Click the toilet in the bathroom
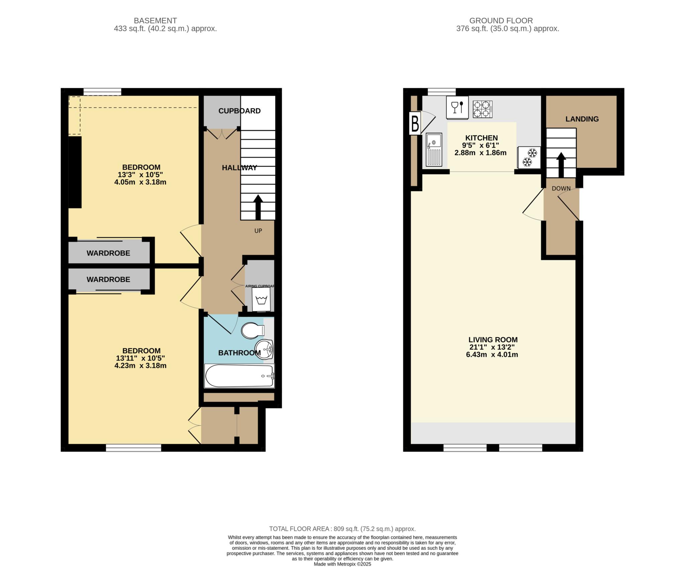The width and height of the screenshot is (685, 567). [x=252, y=331]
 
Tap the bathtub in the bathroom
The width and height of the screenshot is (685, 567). [x=239, y=376]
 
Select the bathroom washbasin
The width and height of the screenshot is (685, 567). [x=264, y=350]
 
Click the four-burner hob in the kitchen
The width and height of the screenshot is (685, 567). [x=482, y=109]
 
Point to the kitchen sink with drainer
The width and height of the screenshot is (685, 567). [x=434, y=150]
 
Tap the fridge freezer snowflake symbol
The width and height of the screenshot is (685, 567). [x=529, y=157]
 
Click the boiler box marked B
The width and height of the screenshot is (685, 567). [x=415, y=124]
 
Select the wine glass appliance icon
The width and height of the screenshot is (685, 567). [x=457, y=108]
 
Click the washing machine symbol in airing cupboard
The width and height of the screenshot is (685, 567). [x=261, y=299]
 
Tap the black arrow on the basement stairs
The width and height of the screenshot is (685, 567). [x=258, y=207]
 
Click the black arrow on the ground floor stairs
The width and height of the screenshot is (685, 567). [x=561, y=165]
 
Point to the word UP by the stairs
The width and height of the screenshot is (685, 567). [x=258, y=231]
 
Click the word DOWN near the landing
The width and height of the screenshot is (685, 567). [x=561, y=189]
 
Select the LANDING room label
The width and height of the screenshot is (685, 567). [x=582, y=119]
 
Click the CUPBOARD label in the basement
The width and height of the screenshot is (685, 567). [x=239, y=111]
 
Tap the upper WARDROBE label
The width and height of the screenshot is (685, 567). [x=108, y=253]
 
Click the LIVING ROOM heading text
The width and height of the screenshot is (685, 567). [x=493, y=340]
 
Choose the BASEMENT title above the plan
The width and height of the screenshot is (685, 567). [x=155, y=21]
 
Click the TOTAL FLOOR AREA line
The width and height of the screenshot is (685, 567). [x=342, y=529]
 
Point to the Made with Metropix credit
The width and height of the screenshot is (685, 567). [x=342, y=564]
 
